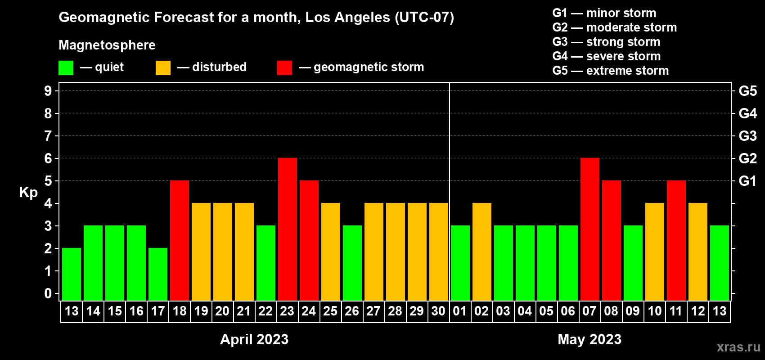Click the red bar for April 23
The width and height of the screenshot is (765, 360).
(288, 229)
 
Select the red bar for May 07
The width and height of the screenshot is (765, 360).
(590, 229)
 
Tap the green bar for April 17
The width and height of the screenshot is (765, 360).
(158, 274)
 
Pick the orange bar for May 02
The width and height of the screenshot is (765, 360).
(482, 252)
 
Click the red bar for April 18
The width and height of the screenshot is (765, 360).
(180, 240)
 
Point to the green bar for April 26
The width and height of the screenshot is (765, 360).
(352, 263)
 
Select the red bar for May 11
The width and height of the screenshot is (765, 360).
(676, 240)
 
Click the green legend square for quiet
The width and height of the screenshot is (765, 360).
(66, 67)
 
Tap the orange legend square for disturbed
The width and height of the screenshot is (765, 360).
(163, 67)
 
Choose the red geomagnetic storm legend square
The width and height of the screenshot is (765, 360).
(285, 67)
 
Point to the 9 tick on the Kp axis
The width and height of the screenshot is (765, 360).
(48, 91)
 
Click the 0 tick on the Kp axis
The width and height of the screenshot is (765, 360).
(48, 293)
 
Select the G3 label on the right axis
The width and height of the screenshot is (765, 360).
(747, 136)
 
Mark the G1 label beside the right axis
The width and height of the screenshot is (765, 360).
(747, 181)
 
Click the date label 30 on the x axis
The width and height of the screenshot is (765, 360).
(438, 311)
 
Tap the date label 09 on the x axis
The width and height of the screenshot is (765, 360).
(633, 311)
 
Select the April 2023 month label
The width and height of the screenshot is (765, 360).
(254, 339)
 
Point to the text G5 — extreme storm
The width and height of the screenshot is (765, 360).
(610, 71)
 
